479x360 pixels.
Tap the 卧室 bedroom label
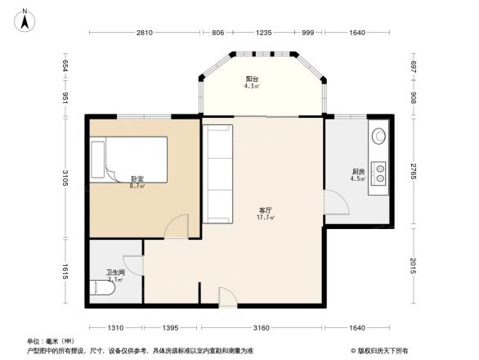[x=137, y=178]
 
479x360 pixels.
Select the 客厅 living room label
[x=266, y=210]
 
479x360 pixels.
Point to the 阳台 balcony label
[x=253, y=79]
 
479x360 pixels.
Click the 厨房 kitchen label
[x=357, y=172]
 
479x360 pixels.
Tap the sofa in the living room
[x=217, y=173]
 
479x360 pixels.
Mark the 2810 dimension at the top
[x=144, y=33]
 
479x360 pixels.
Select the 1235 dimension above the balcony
[x=263, y=33]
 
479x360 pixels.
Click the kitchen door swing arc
[x=334, y=203]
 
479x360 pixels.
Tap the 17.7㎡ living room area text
[x=266, y=218]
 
